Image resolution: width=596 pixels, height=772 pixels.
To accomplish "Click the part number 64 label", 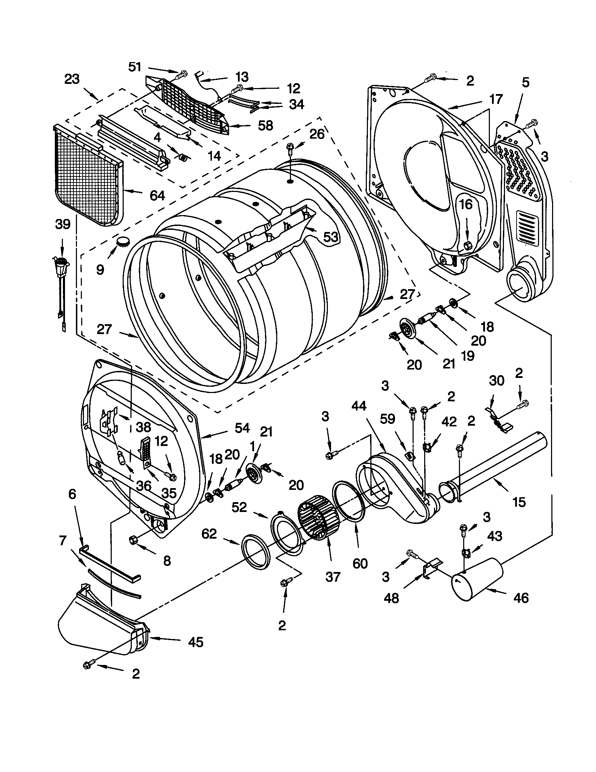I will pos(157,195).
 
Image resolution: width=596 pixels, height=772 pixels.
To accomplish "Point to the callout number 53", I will pos(331,237).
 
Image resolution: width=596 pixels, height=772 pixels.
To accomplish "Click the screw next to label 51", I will pos(182,74).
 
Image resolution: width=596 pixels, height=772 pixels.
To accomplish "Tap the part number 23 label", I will pos(72,80).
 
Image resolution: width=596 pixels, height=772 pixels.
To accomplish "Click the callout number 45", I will pos(196,641).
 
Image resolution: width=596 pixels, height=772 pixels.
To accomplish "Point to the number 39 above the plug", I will pos(63,224).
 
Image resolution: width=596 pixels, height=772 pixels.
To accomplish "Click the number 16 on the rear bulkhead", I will pos(466,204).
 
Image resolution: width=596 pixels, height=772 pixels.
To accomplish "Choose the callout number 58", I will pos(265,126).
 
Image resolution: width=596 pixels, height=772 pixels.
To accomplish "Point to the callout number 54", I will pos(242,428).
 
